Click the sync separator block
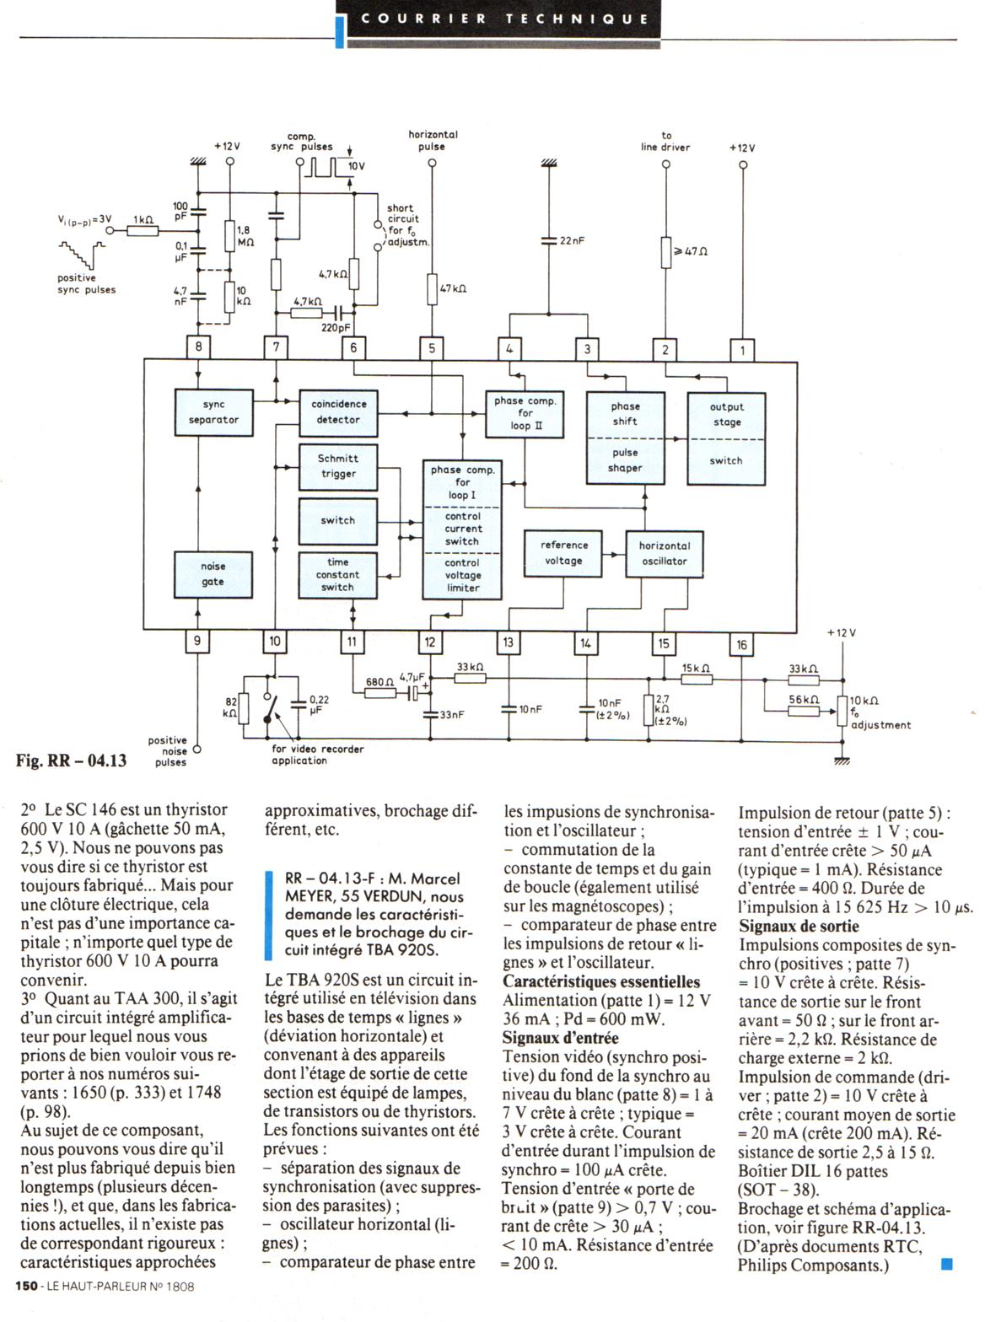click(x=213, y=412)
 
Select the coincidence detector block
click(x=338, y=412)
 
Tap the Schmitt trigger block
click(x=338, y=466)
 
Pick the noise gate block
click(x=213, y=574)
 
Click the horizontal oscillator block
click(x=664, y=554)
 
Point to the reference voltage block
click(x=562, y=554)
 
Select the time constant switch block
click(x=337, y=575)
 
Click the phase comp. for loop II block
click(x=525, y=414)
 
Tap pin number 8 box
click(x=198, y=347)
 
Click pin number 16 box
click(x=741, y=645)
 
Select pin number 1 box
click(x=742, y=349)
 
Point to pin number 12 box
click(x=430, y=642)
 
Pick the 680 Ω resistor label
click(x=375, y=682)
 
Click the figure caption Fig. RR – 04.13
click(x=72, y=760)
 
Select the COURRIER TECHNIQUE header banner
click(x=505, y=19)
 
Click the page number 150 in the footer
click(x=26, y=1287)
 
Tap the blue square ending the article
click(x=945, y=1263)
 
